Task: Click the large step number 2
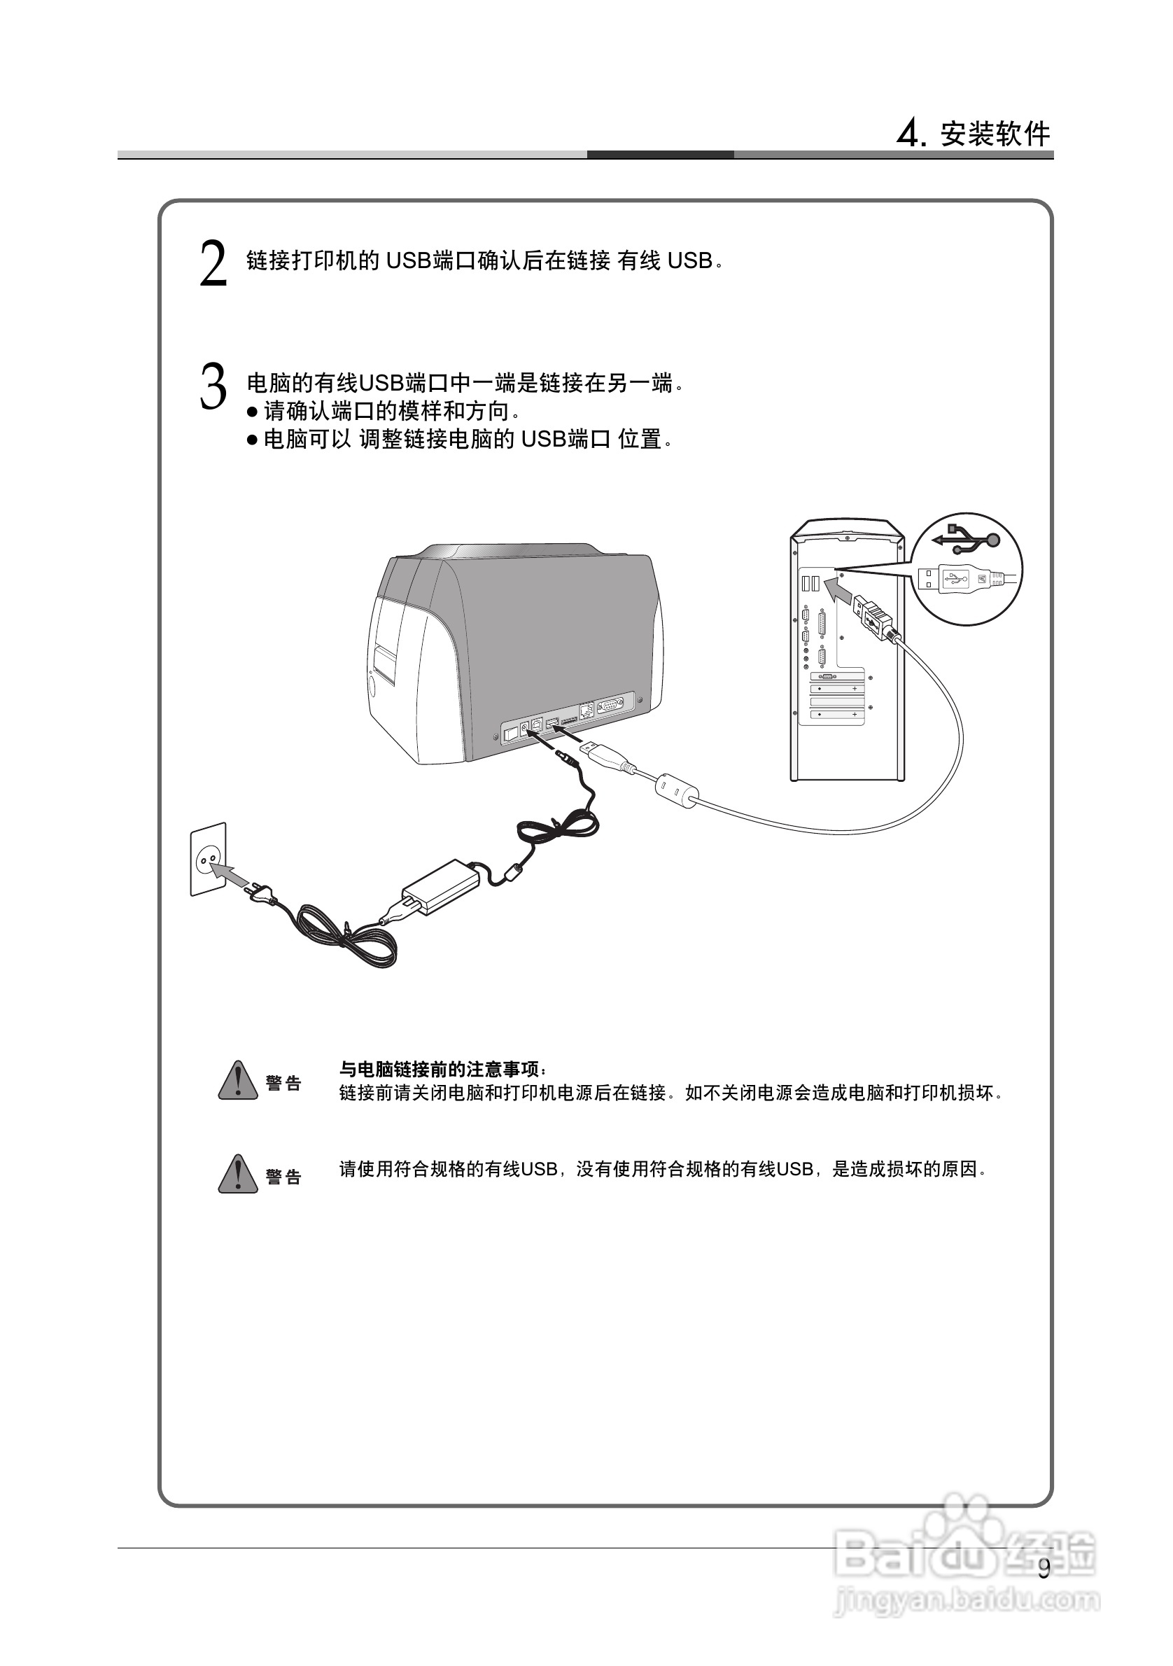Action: [x=213, y=265]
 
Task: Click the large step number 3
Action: [x=213, y=388]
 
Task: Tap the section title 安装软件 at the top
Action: [x=995, y=134]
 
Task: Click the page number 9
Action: [x=1043, y=1569]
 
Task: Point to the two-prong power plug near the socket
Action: [x=262, y=895]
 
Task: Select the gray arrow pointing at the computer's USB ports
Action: [x=839, y=590]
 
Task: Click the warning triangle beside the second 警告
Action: [x=238, y=1175]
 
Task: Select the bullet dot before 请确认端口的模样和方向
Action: [x=253, y=412]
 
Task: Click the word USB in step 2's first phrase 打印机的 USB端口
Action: [x=408, y=260]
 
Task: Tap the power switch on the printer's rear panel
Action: [x=511, y=733]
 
